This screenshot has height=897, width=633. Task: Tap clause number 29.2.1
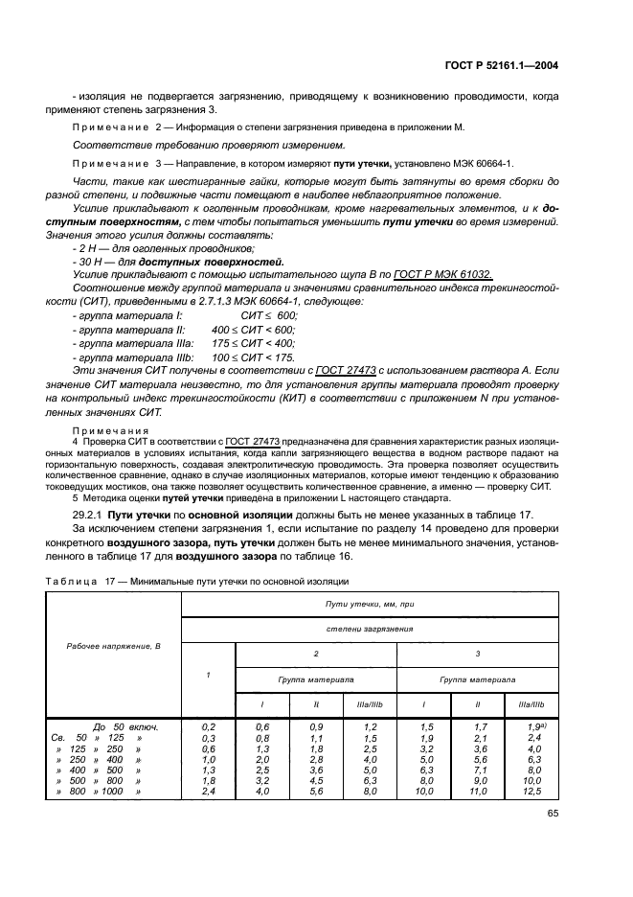click(90, 515)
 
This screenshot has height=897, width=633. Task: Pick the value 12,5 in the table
click(532, 791)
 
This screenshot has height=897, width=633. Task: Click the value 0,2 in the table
click(209, 726)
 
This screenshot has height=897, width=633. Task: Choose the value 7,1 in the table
click(481, 770)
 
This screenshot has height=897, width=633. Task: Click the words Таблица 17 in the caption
click(80, 581)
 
